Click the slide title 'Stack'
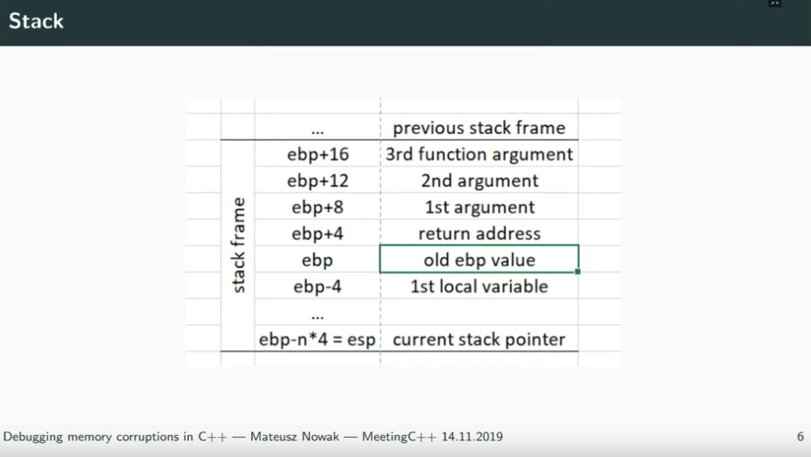[x=36, y=21]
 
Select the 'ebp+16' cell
[x=318, y=154]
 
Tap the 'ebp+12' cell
[x=318, y=180]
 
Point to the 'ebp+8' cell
[x=318, y=207]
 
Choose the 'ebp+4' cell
[x=318, y=234]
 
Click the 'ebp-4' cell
[x=318, y=286]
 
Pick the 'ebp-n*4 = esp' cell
[x=318, y=339]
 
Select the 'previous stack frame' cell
[x=479, y=127]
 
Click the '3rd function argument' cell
[x=479, y=154]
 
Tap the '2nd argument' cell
[x=479, y=180]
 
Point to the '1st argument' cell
[x=479, y=207]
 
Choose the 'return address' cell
[x=479, y=234]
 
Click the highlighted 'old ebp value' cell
[x=479, y=259]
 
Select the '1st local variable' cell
[x=479, y=286]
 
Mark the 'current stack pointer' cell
[x=479, y=339]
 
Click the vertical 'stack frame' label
[x=238, y=245]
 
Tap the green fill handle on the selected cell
[x=577, y=271]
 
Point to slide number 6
[x=801, y=437]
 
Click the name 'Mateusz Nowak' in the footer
[x=295, y=437]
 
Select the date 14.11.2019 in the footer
[x=472, y=437]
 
